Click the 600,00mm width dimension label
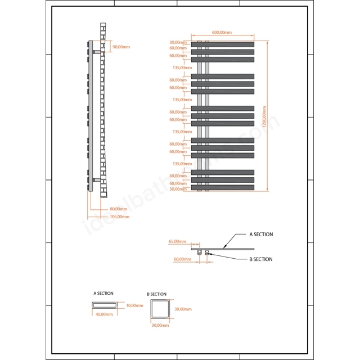[x=222, y=33]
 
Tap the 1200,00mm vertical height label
[x=264, y=116]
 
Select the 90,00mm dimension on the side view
[x=121, y=47]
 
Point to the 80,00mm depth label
[x=119, y=209]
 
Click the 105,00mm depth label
[x=120, y=217]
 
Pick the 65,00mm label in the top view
[x=178, y=241]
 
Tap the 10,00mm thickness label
[x=134, y=305]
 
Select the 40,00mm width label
[x=104, y=314]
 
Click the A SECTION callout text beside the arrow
[x=261, y=235]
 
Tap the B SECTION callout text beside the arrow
[x=261, y=259]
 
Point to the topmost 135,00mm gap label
[x=182, y=67]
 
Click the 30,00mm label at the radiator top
[x=178, y=43]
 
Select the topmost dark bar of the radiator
[x=223, y=44]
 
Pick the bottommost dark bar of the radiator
[x=223, y=187]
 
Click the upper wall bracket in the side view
[x=96, y=52]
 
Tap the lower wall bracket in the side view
[x=96, y=180]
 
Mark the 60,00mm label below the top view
[x=182, y=259]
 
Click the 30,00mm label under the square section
[x=160, y=325]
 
